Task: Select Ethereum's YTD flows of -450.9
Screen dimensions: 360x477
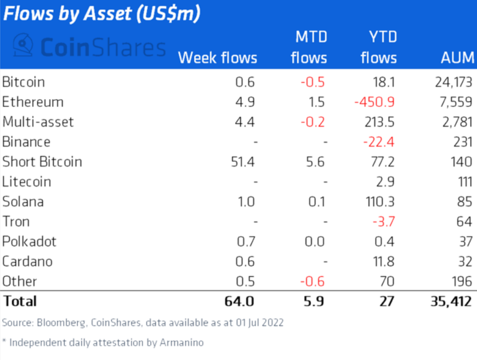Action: coord(374,102)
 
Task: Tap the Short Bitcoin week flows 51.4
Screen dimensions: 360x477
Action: coord(241,162)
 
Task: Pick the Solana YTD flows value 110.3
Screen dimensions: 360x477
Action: coord(379,202)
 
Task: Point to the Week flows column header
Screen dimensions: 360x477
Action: coord(218,58)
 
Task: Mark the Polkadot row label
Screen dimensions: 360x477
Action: coord(29,242)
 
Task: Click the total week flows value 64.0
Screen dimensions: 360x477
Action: coord(240,301)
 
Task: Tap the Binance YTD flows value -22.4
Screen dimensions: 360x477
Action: coord(378,142)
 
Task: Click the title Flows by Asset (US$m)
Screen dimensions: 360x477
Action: coord(101,14)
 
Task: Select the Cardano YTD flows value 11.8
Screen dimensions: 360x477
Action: coord(383,261)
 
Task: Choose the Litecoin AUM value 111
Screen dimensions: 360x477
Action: coord(462,181)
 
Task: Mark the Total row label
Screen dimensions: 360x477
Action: coord(20,301)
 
